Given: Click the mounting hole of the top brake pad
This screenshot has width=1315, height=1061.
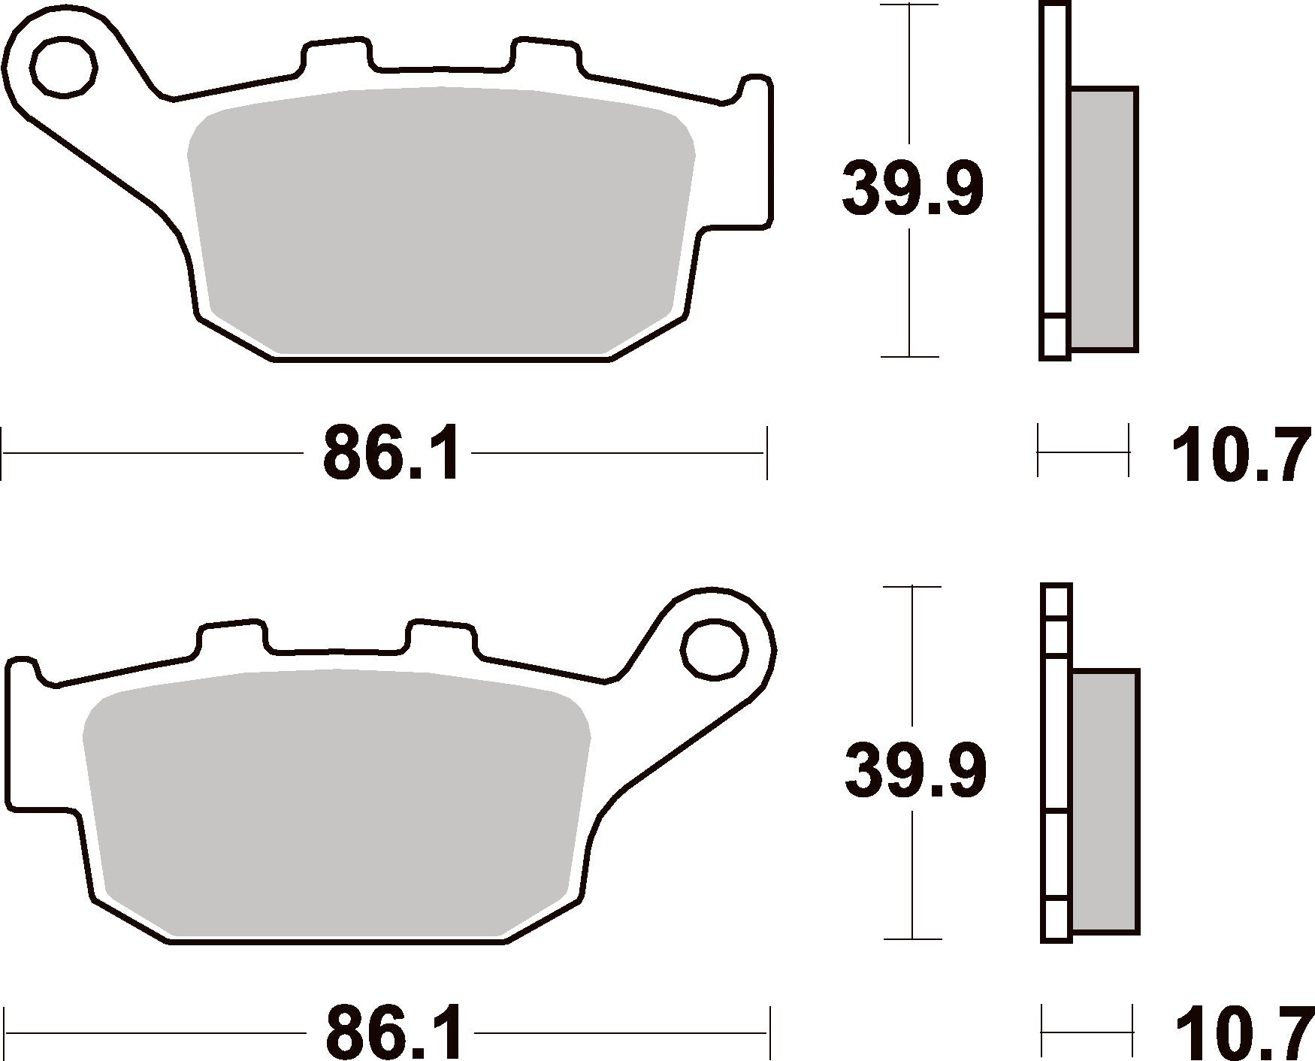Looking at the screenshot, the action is tap(64, 65).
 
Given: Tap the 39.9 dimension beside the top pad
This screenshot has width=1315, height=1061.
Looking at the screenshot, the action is tap(912, 188).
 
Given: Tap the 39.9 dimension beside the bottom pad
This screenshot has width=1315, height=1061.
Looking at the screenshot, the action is tap(915, 772).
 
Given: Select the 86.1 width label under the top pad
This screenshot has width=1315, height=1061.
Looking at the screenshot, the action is tap(391, 454).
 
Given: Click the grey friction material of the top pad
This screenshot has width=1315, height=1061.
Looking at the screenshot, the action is tap(441, 221).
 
